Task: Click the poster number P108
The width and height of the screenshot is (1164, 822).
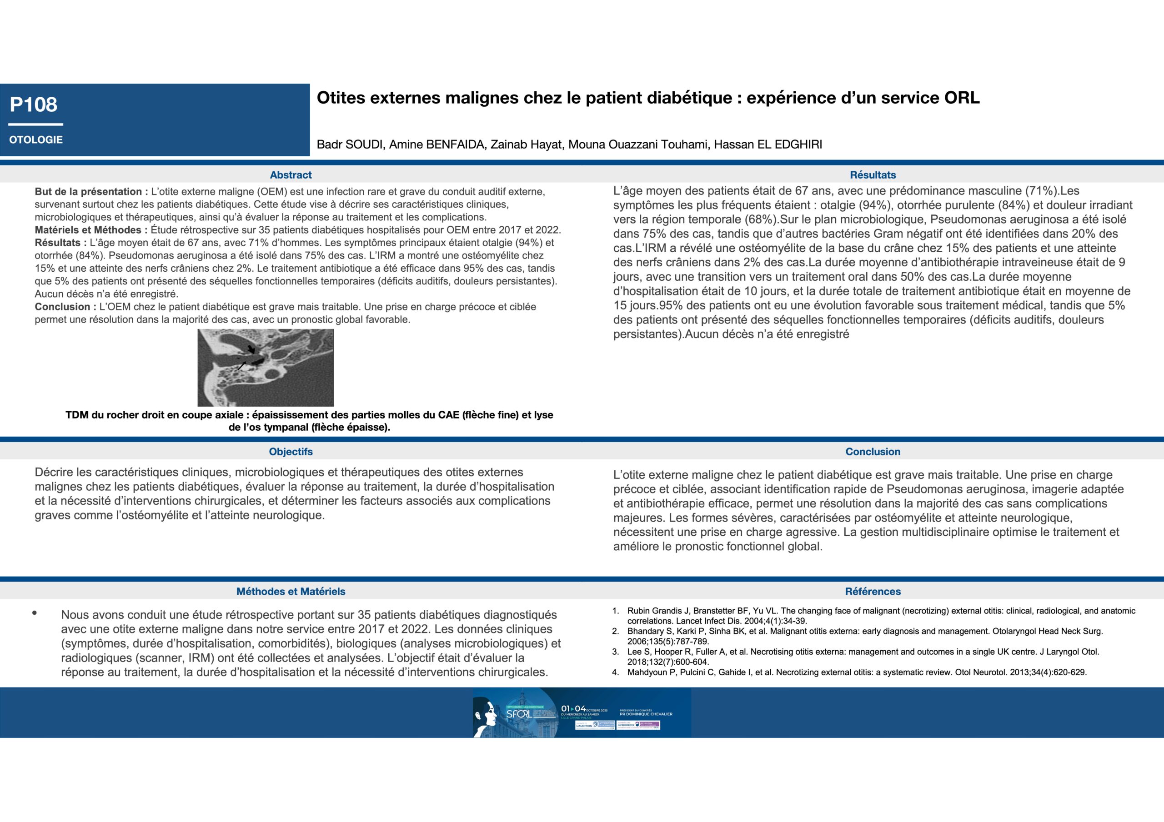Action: point(34,105)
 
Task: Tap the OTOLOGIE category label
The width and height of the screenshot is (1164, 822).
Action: point(36,140)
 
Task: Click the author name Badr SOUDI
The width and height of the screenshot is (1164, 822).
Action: point(349,145)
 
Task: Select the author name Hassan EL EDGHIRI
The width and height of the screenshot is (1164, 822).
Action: point(768,145)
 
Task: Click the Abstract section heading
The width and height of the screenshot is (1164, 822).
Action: point(291,175)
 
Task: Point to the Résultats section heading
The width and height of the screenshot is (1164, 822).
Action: point(873,175)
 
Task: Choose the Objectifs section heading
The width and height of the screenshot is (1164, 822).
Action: point(291,452)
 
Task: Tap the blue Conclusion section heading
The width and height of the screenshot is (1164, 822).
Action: point(873,452)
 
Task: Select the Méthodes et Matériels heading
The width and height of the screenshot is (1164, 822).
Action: point(291,592)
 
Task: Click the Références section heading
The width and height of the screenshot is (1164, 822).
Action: point(873,592)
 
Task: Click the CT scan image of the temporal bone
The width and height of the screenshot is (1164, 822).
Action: point(265,368)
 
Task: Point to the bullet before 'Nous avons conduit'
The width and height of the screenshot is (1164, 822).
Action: point(35,613)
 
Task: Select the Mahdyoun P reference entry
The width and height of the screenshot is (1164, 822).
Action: point(857,673)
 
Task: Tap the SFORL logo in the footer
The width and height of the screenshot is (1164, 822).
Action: point(518,714)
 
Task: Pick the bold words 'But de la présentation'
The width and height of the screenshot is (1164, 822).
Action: point(88,192)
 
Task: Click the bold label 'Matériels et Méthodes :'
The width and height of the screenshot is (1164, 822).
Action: point(91,230)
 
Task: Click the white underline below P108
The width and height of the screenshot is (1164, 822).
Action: point(35,124)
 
